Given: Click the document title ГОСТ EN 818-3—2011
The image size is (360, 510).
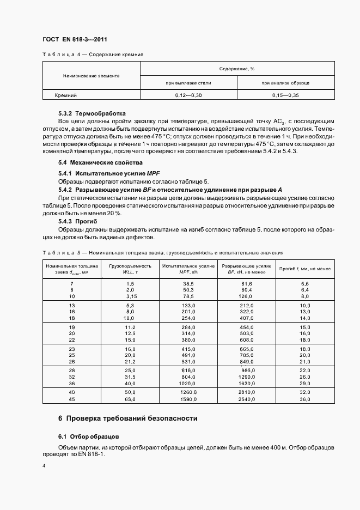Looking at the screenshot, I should coord(75,40).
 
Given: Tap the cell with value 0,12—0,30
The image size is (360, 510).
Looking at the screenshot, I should coord(188,95).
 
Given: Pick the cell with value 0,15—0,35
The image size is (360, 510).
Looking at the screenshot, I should coord(285,95).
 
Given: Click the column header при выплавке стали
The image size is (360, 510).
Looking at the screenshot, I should coord(188,83).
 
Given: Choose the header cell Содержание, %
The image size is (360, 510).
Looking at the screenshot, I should coord(237,69).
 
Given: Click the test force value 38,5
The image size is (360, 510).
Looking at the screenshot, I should coord(188,284).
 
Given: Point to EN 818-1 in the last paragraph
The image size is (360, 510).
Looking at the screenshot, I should coord(90,455).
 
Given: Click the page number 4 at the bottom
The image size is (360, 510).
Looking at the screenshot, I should coord(44,466).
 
